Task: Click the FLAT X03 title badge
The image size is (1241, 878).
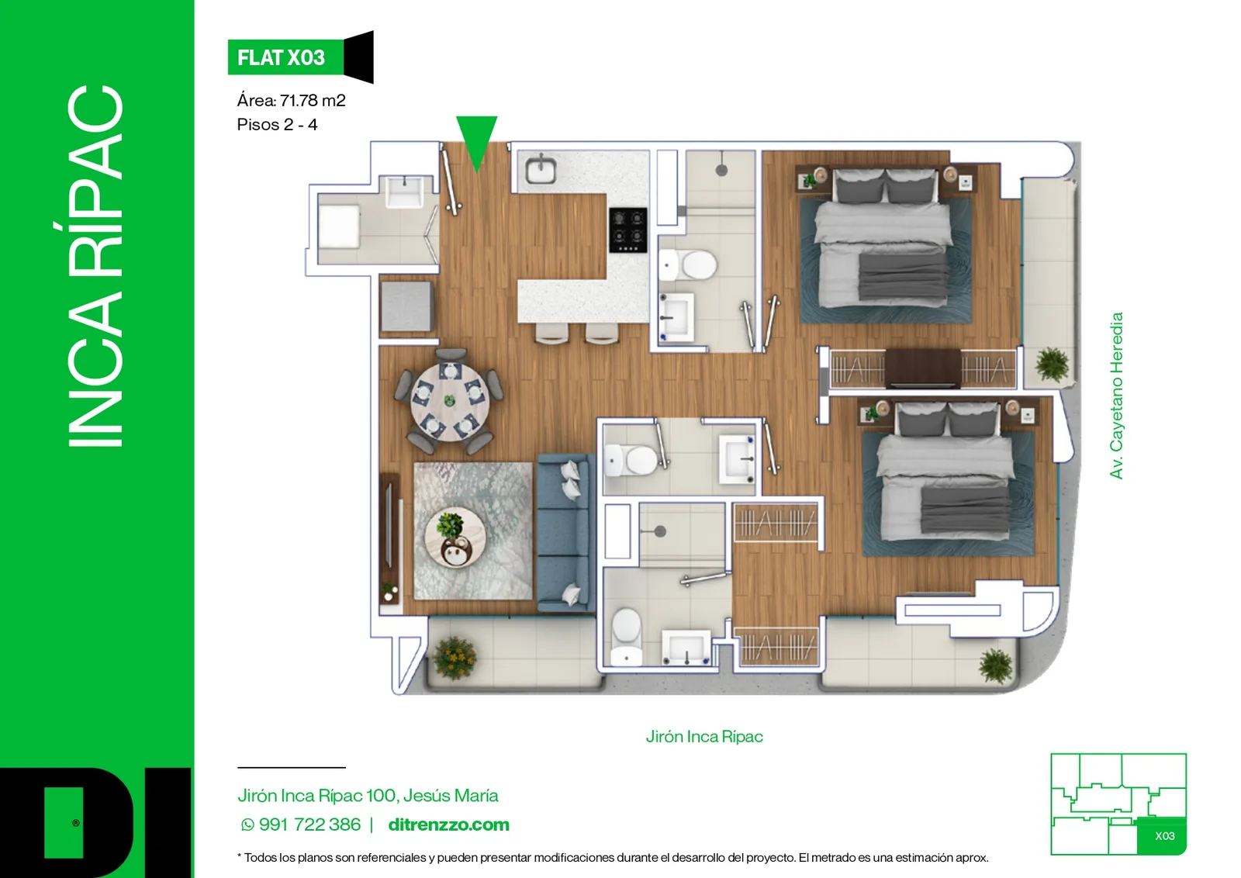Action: point(299,57)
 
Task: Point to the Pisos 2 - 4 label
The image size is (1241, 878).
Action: point(277,125)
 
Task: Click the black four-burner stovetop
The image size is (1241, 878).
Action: point(627,230)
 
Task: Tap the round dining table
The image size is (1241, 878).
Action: point(450,402)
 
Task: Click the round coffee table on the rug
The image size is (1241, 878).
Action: point(455,538)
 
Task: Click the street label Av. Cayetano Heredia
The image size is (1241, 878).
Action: point(1116,396)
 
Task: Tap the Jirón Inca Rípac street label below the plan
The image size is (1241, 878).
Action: point(704,736)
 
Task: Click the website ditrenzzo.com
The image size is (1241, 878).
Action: point(449,824)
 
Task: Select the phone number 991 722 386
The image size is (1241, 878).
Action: point(309,824)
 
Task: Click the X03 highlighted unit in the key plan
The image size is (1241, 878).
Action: point(1162,836)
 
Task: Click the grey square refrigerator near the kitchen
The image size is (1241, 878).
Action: point(406,306)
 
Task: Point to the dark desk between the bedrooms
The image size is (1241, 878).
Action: point(922,368)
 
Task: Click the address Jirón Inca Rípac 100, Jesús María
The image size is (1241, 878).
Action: point(368,796)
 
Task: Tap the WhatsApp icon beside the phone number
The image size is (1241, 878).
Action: point(247,824)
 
